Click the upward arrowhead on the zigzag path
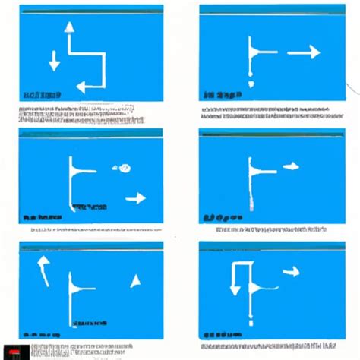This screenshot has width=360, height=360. (69, 27)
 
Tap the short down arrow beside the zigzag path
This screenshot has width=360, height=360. (53, 62)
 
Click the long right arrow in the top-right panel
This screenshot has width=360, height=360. (303, 52)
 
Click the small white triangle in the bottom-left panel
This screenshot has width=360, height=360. (135, 282)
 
